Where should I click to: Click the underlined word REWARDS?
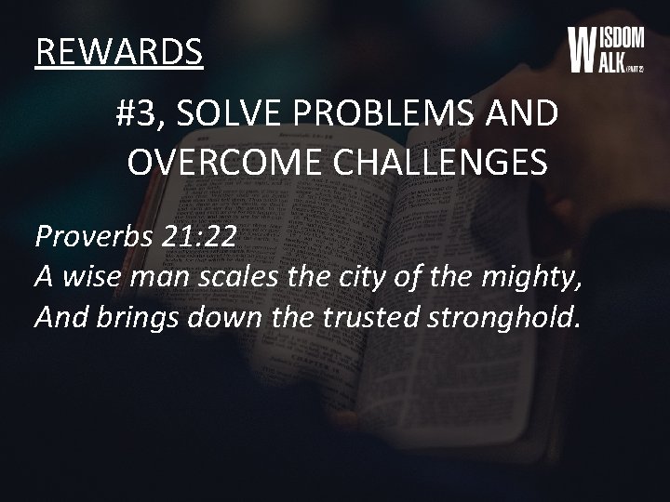pos(119,53)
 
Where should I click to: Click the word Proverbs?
pos(94,238)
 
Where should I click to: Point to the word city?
pos(360,278)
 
